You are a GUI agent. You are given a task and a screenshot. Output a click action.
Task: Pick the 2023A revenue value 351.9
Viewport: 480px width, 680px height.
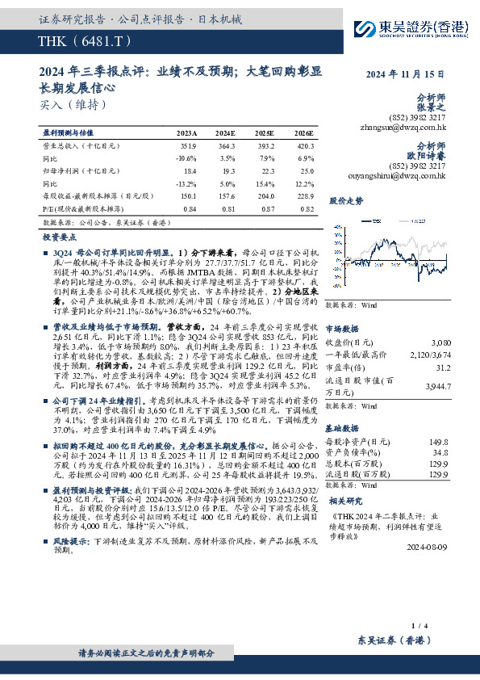point(188,146)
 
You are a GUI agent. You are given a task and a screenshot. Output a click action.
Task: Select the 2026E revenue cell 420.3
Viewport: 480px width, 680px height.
point(304,146)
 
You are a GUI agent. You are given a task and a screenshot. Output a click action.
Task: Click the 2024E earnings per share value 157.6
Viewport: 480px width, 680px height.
point(227,196)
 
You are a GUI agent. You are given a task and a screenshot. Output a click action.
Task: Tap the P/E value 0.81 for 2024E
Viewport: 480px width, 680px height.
point(228,209)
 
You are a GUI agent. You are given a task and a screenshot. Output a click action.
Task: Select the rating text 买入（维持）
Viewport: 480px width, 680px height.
point(72,104)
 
